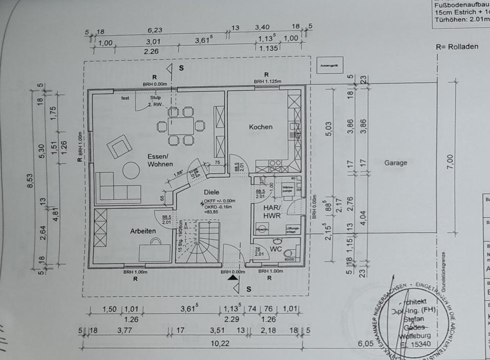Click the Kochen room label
coord(260,127)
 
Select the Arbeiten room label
coord(143,231)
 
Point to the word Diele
coord(211,192)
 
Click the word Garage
coord(396,163)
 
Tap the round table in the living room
coord(131,170)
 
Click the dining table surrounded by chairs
coord(181,125)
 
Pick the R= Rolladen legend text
coord(457,46)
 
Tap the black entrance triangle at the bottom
coord(233,278)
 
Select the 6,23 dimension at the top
coord(155,30)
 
